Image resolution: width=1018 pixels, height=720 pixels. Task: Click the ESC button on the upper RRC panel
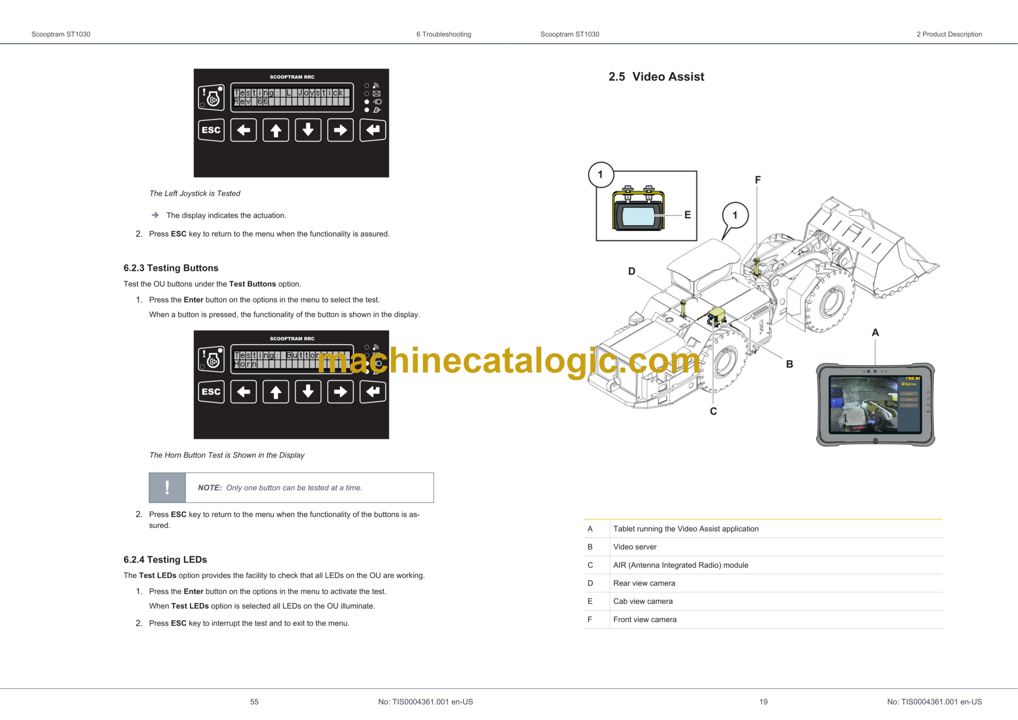tap(211, 130)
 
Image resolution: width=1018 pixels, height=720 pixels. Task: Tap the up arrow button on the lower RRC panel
tap(276, 392)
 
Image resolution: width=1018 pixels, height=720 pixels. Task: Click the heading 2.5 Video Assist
tap(656, 77)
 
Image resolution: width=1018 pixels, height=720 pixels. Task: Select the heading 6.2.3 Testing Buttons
tap(171, 268)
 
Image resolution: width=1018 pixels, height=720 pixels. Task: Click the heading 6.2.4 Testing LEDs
tap(165, 559)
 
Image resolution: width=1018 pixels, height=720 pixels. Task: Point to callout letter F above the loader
tap(758, 180)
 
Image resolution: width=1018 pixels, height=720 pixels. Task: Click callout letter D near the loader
tap(632, 271)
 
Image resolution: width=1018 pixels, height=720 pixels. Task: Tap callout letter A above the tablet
tap(875, 333)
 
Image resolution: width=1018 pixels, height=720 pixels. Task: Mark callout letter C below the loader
tap(713, 411)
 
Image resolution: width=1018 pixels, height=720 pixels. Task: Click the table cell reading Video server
tap(635, 547)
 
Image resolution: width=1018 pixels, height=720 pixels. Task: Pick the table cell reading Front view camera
tap(645, 620)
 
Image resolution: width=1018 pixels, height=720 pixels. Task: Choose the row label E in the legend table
tap(590, 601)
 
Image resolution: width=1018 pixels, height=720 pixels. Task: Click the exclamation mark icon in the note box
tap(167, 488)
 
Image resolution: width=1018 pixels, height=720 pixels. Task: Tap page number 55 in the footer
tap(254, 702)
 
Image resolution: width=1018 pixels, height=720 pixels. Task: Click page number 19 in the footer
tap(763, 702)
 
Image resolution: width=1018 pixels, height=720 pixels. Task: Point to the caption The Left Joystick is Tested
tap(195, 193)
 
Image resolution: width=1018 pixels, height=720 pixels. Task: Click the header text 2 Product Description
tap(949, 34)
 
